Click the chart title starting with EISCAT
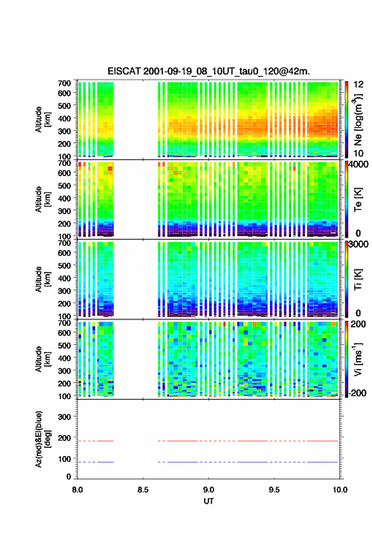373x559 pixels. [208, 71]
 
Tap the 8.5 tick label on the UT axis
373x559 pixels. [142, 490]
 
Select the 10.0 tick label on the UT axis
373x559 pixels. [340, 490]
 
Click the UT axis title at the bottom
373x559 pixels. [208, 501]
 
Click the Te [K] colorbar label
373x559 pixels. [358, 199]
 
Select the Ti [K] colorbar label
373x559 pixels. [358, 279]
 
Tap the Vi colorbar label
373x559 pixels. [358, 360]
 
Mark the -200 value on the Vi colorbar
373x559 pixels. [357, 393]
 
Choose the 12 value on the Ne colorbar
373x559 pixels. [358, 84]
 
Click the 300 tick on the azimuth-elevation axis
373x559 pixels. [64, 417]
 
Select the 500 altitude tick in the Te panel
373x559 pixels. [64, 185]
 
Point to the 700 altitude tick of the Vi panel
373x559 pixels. [64, 323]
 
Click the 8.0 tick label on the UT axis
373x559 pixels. [78, 490]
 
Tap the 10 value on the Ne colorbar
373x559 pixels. [358, 153]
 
